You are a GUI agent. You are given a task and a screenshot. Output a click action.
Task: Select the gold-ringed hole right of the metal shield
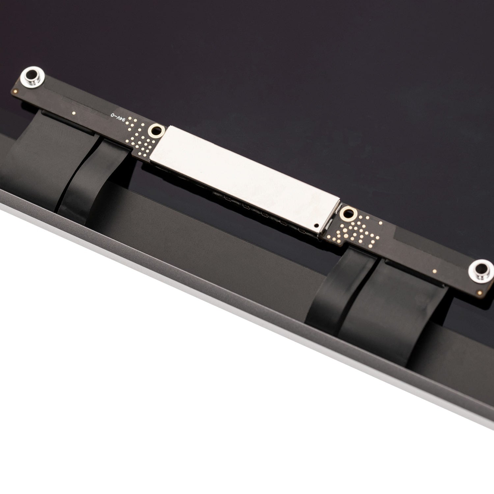347,214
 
